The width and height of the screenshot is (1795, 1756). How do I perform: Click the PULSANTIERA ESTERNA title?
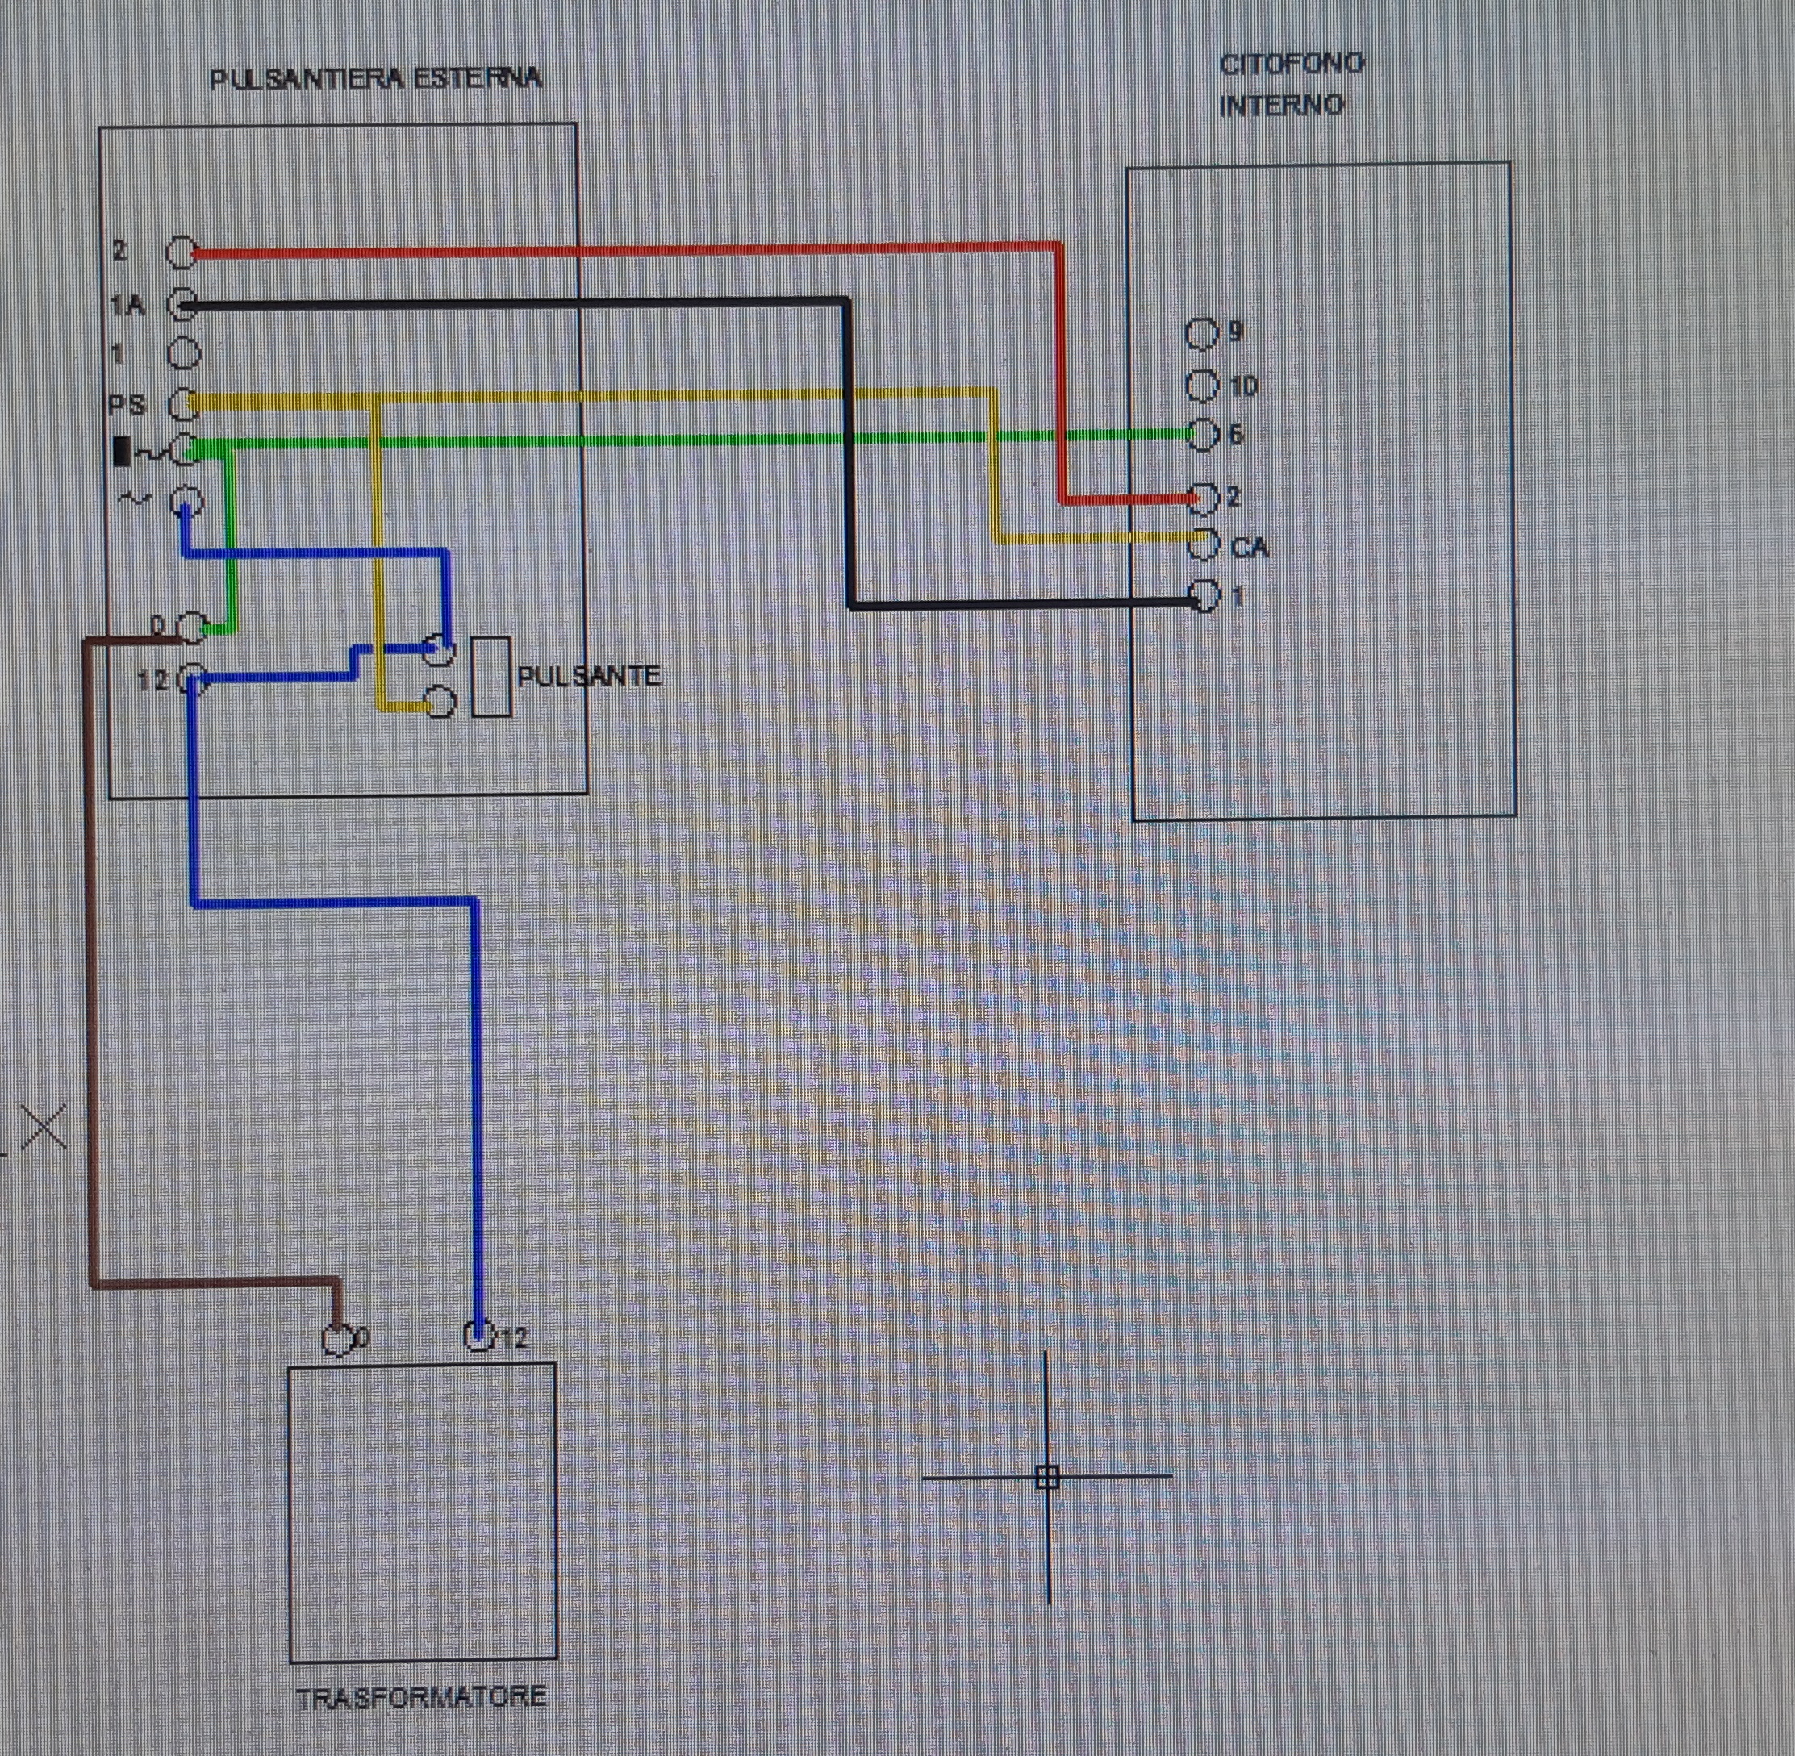point(375,79)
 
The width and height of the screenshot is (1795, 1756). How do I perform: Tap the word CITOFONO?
point(1291,65)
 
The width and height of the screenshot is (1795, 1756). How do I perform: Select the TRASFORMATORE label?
point(422,1697)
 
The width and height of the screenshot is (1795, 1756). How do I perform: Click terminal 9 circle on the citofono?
point(1202,334)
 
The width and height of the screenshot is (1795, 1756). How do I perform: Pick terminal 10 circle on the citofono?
point(1202,386)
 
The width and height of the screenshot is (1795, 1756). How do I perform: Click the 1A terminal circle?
point(185,304)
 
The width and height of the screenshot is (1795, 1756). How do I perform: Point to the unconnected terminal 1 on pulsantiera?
point(185,352)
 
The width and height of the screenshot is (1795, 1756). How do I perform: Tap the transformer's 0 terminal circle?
point(337,1339)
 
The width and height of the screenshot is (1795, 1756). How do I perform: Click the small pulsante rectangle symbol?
point(490,677)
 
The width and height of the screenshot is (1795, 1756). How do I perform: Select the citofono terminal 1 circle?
point(1204,596)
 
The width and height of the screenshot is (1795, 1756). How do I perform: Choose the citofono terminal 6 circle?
point(1202,435)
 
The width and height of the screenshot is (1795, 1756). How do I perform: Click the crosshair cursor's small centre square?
point(1047,1477)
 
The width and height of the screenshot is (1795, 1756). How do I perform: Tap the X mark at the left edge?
point(44,1127)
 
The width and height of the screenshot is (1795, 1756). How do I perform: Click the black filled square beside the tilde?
point(122,452)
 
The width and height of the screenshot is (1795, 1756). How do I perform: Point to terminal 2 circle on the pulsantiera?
point(182,252)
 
